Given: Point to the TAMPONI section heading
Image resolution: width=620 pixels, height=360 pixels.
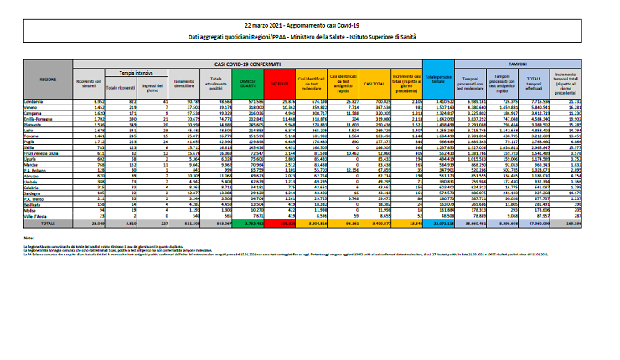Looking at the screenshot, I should tap(525, 63).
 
